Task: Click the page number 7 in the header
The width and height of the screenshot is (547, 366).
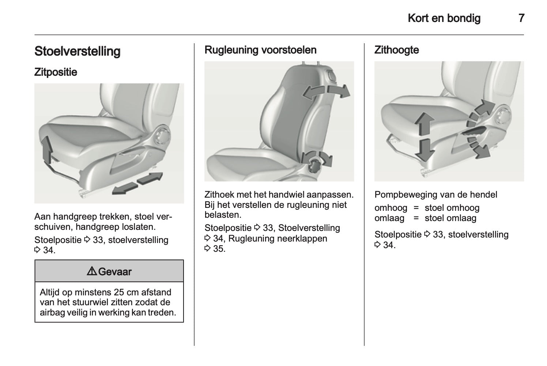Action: (x=521, y=18)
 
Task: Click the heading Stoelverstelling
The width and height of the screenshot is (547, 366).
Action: (x=78, y=51)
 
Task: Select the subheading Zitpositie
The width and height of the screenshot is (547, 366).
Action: (x=56, y=72)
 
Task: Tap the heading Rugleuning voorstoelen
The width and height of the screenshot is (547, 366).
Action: (x=260, y=50)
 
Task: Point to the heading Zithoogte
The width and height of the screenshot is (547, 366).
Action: (x=397, y=50)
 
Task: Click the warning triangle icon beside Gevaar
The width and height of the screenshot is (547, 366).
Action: (x=92, y=271)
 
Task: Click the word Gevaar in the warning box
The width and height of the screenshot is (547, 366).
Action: (x=115, y=272)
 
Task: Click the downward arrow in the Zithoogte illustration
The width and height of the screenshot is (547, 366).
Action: (x=425, y=150)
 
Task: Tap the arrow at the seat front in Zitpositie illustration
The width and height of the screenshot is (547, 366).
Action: (x=48, y=150)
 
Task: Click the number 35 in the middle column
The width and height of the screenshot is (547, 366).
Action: (x=219, y=249)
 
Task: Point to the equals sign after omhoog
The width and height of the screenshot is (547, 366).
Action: (x=416, y=208)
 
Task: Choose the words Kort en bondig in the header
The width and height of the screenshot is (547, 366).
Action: (x=444, y=18)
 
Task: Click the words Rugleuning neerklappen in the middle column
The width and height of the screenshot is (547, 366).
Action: (x=278, y=239)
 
